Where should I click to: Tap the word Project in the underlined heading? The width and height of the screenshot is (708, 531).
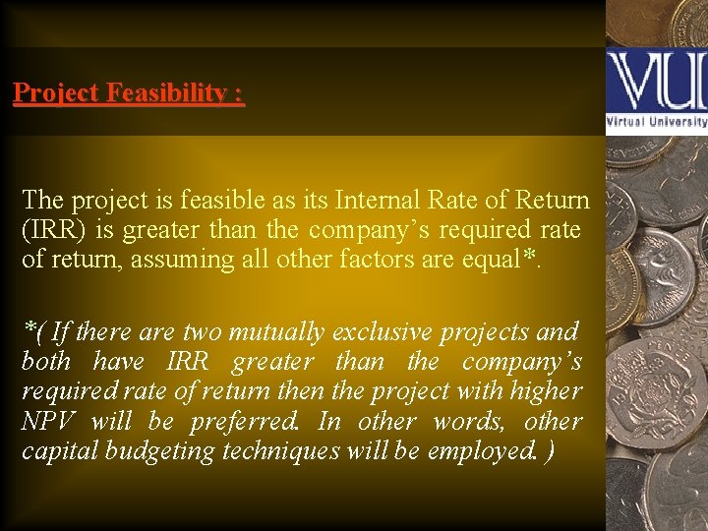coord(56,93)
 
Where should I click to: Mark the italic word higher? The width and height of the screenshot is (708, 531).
coord(546,391)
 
